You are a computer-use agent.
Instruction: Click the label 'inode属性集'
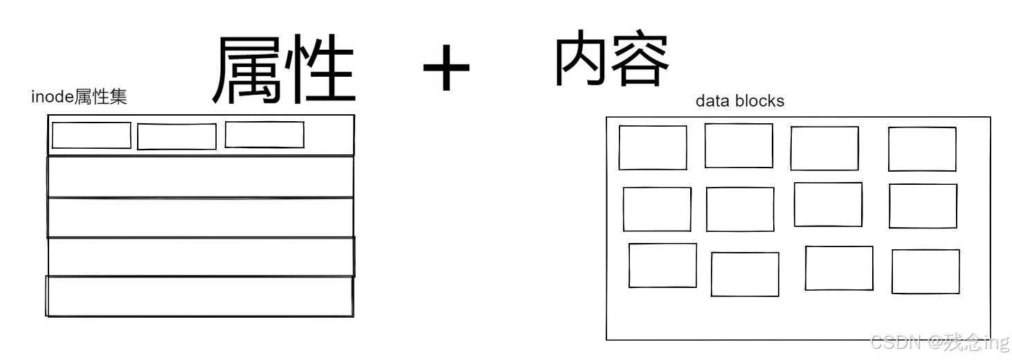tap(79, 98)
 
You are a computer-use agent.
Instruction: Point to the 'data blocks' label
tap(740, 101)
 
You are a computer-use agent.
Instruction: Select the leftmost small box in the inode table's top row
tap(91, 135)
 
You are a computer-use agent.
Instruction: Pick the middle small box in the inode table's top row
tap(177, 136)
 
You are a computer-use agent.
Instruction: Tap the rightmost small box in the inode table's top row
tap(264, 134)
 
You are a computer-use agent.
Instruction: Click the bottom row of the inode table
tap(199, 296)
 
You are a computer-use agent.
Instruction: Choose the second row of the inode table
tap(200, 177)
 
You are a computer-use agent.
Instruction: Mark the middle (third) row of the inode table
tap(200, 217)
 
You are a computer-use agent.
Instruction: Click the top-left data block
tap(653, 147)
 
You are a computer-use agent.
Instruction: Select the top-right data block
tap(922, 149)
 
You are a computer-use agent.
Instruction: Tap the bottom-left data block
tap(662, 265)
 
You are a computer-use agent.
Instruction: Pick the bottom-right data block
tap(925, 271)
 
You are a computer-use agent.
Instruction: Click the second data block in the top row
tap(739, 145)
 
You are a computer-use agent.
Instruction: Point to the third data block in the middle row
tap(828, 204)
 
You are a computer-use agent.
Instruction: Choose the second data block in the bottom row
tap(745, 274)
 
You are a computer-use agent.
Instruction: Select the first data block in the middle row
tap(657, 209)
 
